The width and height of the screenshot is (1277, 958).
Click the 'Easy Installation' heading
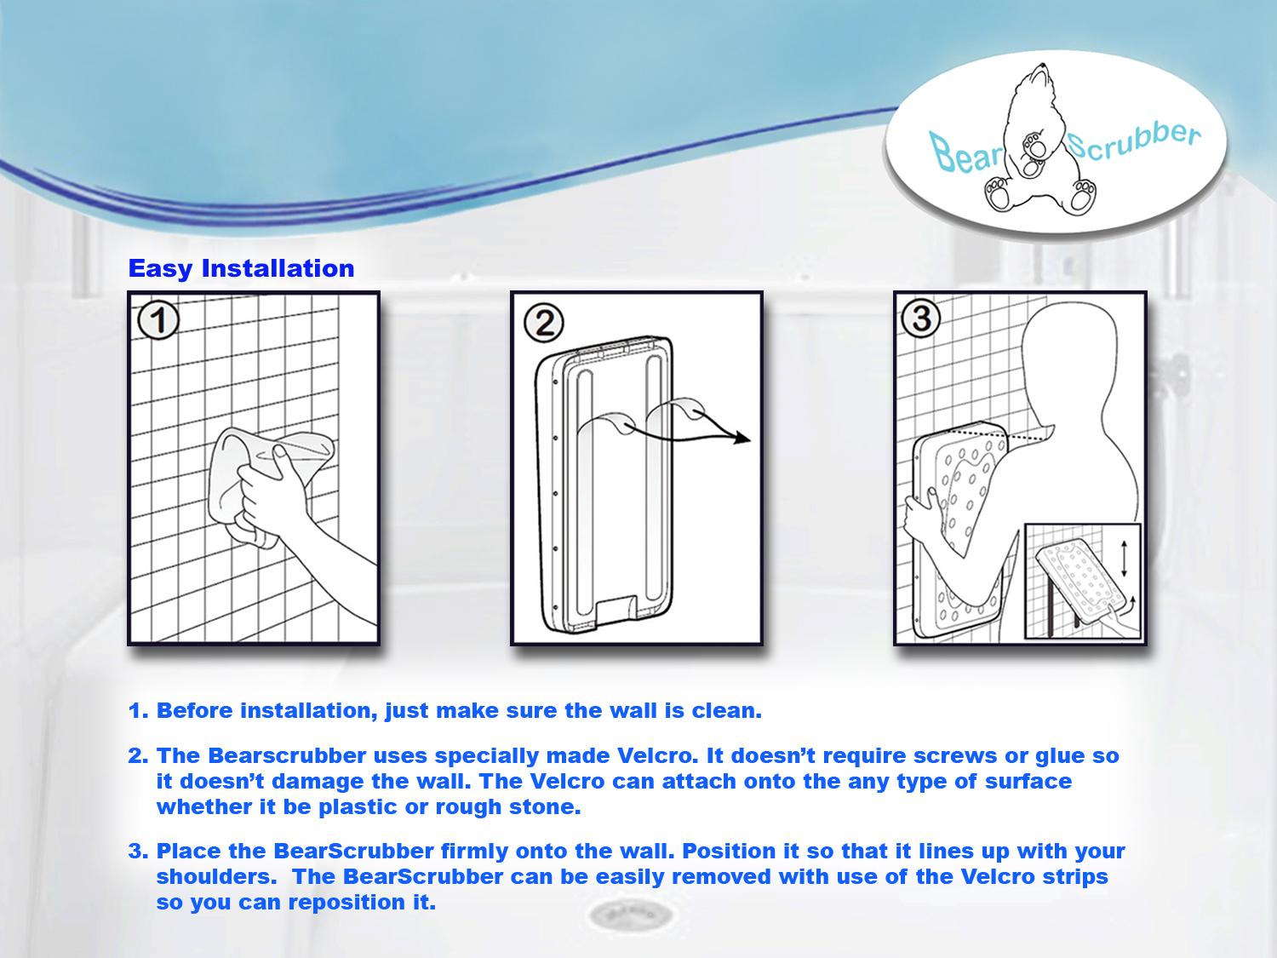click(x=241, y=268)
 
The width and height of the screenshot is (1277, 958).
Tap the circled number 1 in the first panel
click(x=158, y=323)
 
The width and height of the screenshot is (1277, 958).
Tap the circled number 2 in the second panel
click(x=543, y=323)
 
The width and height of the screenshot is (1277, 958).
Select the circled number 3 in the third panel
click(x=921, y=320)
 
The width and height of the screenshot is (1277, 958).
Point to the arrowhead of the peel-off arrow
click(x=742, y=439)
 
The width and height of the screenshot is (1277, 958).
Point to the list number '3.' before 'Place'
click(x=139, y=851)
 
